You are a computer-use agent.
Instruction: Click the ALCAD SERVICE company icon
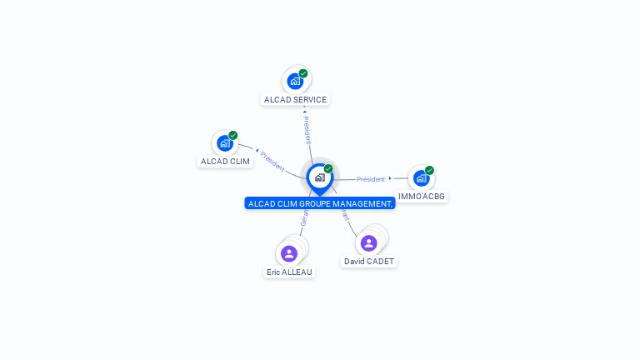pyautogui.click(x=294, y=81)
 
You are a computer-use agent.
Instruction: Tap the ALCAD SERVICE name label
pyautogui.click(x=295, y=100)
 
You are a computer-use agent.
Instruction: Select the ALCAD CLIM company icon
pyautogui.click(x=224, y=142)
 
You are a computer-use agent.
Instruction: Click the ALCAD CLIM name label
pyautogui.click(x=225, y=162)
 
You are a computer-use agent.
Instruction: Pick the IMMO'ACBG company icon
pyautogui.click(x=421, y=177)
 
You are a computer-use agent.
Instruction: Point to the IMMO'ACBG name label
pyautogui.click(x=422, y=197)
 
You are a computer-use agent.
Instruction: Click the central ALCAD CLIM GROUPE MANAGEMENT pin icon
pyautogui.click(x=319, y=177)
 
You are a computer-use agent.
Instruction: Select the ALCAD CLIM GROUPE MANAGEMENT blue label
pyautogui.click(x=319, y=203)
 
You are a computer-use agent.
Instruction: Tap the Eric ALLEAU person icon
pyautogui.click(x=289, y=253)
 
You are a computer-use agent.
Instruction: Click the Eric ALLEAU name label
pyautogui.click(x=289, y=272)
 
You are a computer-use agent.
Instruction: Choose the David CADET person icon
pyautogui.click(x=369, y=242)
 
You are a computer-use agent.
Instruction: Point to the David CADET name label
pyautogui.click(x=369, y=262)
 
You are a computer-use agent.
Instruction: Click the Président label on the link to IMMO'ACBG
pyautogui.click(x=371, y=179)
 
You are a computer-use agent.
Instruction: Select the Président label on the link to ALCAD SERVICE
pyautogui.click(x=307, y=129)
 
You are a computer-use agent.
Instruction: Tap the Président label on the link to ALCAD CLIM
pyautogui.click(x=272, y=160)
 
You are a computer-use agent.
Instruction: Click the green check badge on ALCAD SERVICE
pyautogui.click(x=303, y=73)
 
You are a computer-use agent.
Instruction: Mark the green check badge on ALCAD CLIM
pyautogui.click(x=233, y=135)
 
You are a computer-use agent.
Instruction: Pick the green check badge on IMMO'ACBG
pyautogui.click(x=429, y=170)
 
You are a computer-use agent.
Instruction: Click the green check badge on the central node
pyautogui.click(x=328, y=168)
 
